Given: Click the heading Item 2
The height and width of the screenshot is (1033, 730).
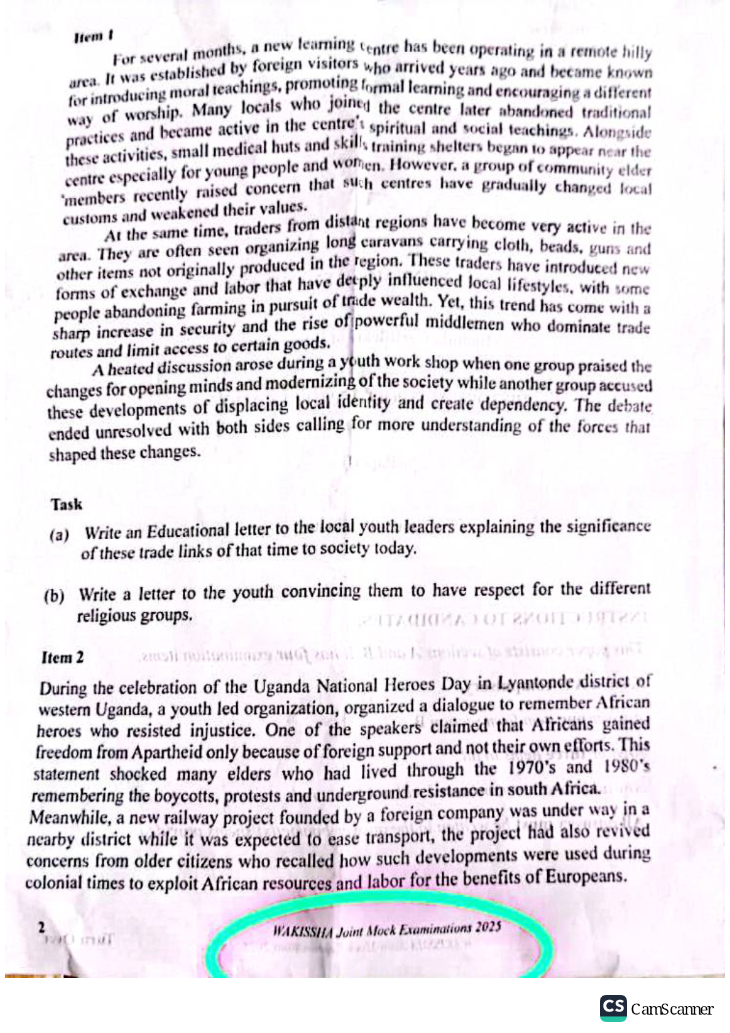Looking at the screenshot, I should click(63, 658).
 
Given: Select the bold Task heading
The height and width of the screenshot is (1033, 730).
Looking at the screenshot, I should click(67, 505).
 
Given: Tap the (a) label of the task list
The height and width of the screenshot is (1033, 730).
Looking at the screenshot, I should click(60, 536).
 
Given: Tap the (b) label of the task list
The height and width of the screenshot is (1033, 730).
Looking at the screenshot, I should click(55, 596).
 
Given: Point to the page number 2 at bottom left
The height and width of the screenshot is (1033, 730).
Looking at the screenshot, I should click(42, 927).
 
